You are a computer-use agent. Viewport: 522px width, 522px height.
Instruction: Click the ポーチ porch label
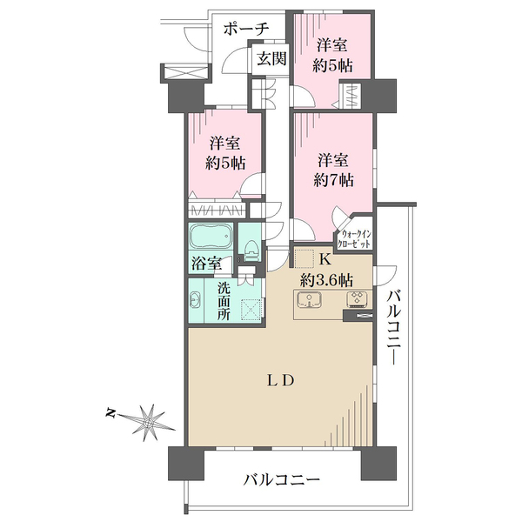coord(246,29)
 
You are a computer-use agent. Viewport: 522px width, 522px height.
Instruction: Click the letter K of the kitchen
coord(325,259)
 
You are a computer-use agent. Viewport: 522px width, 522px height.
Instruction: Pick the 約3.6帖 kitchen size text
coord(326,279)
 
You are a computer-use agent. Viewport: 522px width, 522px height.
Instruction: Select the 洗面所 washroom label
coord(223,302)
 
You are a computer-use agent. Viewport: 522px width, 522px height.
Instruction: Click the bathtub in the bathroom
coord(210,238)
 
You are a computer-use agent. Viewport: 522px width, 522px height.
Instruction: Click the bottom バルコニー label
coord(281,478)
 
